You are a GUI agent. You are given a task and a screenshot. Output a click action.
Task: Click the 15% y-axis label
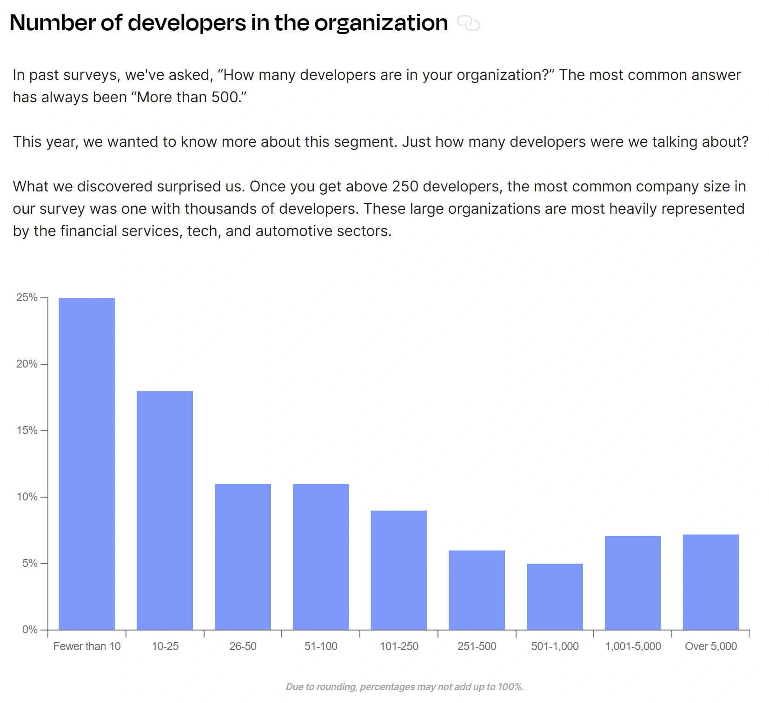(x=27, y=430)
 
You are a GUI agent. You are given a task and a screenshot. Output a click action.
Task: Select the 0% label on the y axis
(x=30, y=630)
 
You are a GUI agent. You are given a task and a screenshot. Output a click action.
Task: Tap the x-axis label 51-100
(x=321, y=646)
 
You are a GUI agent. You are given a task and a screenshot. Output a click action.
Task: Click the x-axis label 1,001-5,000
(x=633, y=646)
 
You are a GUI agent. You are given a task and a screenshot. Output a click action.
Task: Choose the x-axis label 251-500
(x=477, y=646)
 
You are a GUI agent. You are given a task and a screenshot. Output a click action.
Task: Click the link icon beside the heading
(x=468, y=23)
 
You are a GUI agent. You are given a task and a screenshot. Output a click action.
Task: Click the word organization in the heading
(x=381, y=23)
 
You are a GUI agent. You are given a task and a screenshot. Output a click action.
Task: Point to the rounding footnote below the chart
(x=404, y=687)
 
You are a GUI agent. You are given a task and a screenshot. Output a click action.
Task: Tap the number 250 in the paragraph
(x=405, y=186)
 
